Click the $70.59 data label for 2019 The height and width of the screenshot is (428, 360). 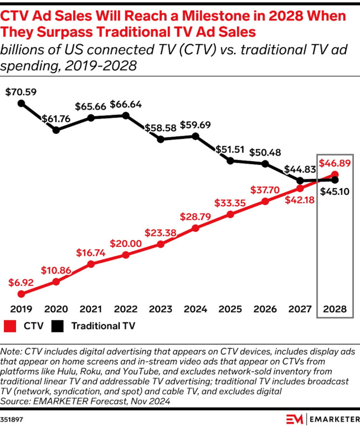[x=21, y=92]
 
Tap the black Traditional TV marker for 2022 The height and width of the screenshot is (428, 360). [x=126, y=116]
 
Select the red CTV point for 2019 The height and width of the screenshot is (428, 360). [x=21, y=294]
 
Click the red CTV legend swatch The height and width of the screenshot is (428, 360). [x=9, y=326]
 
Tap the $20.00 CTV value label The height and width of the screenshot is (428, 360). [x=126, y=244]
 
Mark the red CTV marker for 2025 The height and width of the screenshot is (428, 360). [x=230, y=214]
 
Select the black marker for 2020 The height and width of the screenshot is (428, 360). [x=56, y=130]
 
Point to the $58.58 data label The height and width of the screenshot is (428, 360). [x=161, y=128]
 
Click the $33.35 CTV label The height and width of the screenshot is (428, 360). [x=230, y=203]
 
